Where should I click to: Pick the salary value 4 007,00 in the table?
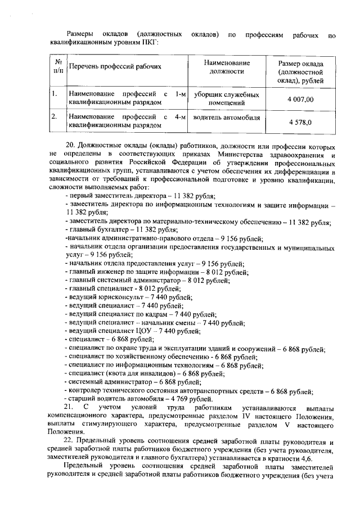coord(300,99)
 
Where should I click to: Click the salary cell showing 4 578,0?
coord(300,122)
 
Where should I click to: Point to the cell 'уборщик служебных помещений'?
coord(226,98)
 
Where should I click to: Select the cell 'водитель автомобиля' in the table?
coord(226,118)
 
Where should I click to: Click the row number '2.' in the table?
coord(55,117)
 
